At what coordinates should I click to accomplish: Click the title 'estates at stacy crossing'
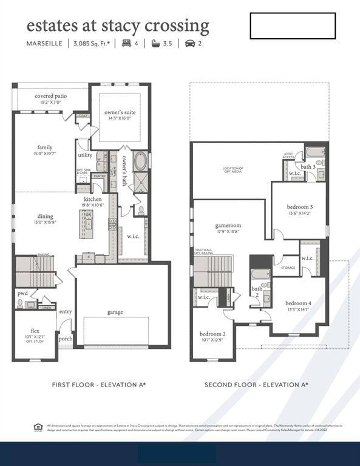pos(118,25)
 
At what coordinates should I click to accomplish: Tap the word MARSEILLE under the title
pos(44,44)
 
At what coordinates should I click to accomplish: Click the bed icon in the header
pos(126,44)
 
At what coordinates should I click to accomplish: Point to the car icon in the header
pos(190,44)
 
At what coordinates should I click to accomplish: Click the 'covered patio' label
pos(51,96)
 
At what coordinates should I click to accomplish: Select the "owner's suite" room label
pos(120,113)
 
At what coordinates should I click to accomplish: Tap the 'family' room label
pos(45,147)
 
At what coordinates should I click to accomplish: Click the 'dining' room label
pos(45,216)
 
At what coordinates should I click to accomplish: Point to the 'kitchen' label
pos(93,199)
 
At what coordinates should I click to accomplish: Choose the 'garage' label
pos(115,312)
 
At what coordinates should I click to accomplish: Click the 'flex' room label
pos(35,331)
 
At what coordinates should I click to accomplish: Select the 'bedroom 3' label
pos(299,207)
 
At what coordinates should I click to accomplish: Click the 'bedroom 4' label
pos(298,303)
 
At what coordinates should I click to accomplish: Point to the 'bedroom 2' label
pos(212,334)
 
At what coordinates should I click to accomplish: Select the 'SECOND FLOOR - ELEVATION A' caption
pos(256,385)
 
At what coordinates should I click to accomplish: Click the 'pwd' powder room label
pos(22,292)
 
